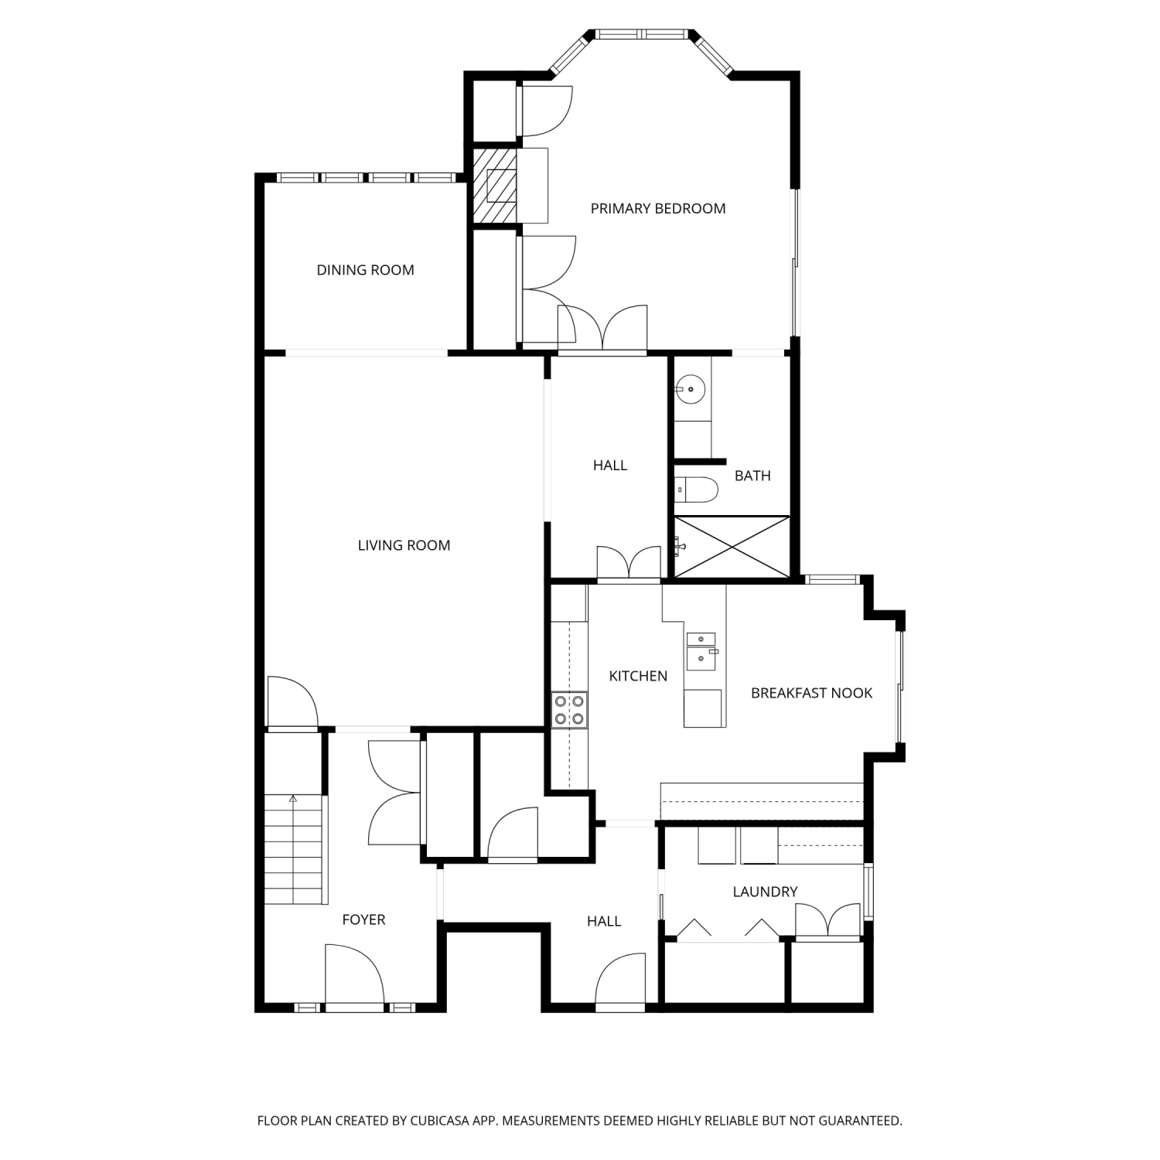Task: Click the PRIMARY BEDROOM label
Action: point(658,208)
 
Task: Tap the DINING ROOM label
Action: point(366,270)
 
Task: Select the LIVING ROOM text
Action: point(404,545)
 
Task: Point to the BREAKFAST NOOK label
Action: point(812,693)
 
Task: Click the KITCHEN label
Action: point(638,676)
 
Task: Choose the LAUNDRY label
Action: point(765,892)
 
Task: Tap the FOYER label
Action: point(363,919)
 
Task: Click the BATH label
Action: point(752,476)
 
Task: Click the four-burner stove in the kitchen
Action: point(569,710)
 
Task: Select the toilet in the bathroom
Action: point(697,490)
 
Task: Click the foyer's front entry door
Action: point(354,977)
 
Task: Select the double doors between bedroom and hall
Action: point(602,328)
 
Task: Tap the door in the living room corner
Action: point(292,702)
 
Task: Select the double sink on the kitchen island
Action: point(701,650)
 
